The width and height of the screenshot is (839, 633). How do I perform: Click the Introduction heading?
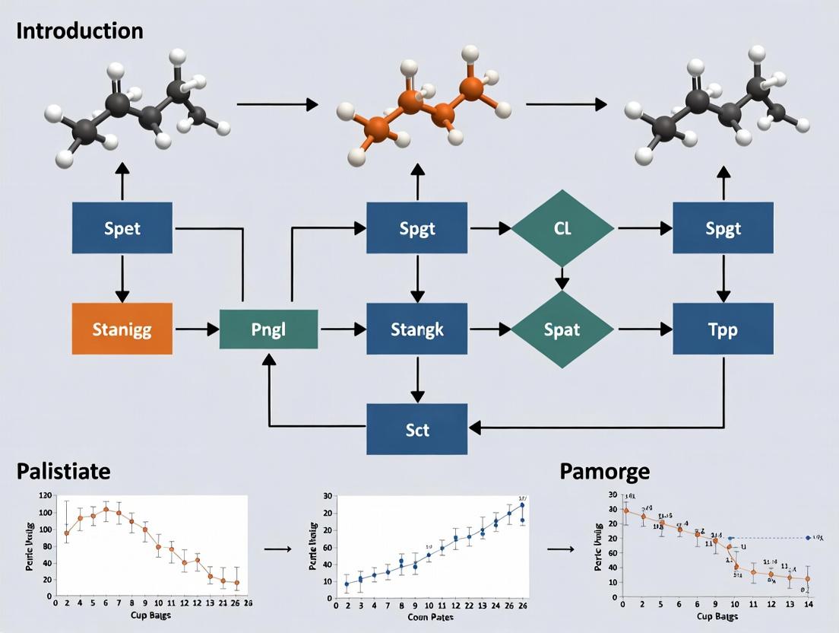point(79,30)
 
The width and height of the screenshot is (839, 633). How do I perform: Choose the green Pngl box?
point(268,329)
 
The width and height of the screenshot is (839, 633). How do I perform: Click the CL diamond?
point(562,227)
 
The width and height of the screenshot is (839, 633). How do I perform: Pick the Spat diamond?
point(562,329)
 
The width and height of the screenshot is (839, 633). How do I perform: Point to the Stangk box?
point(416,329)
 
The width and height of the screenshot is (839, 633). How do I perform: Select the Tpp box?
point(723,329)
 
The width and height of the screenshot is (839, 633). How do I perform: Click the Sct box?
point(416,429)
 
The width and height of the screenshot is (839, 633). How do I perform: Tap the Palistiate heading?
point(63,471)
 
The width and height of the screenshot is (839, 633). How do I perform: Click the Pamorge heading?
point(604,471)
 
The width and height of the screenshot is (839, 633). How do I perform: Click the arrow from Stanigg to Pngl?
point(197,329)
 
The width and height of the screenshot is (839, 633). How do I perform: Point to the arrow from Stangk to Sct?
point(416,379)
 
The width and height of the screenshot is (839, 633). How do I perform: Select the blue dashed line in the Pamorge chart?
point(768,538)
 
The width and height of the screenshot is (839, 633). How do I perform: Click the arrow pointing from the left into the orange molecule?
point(277,104)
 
